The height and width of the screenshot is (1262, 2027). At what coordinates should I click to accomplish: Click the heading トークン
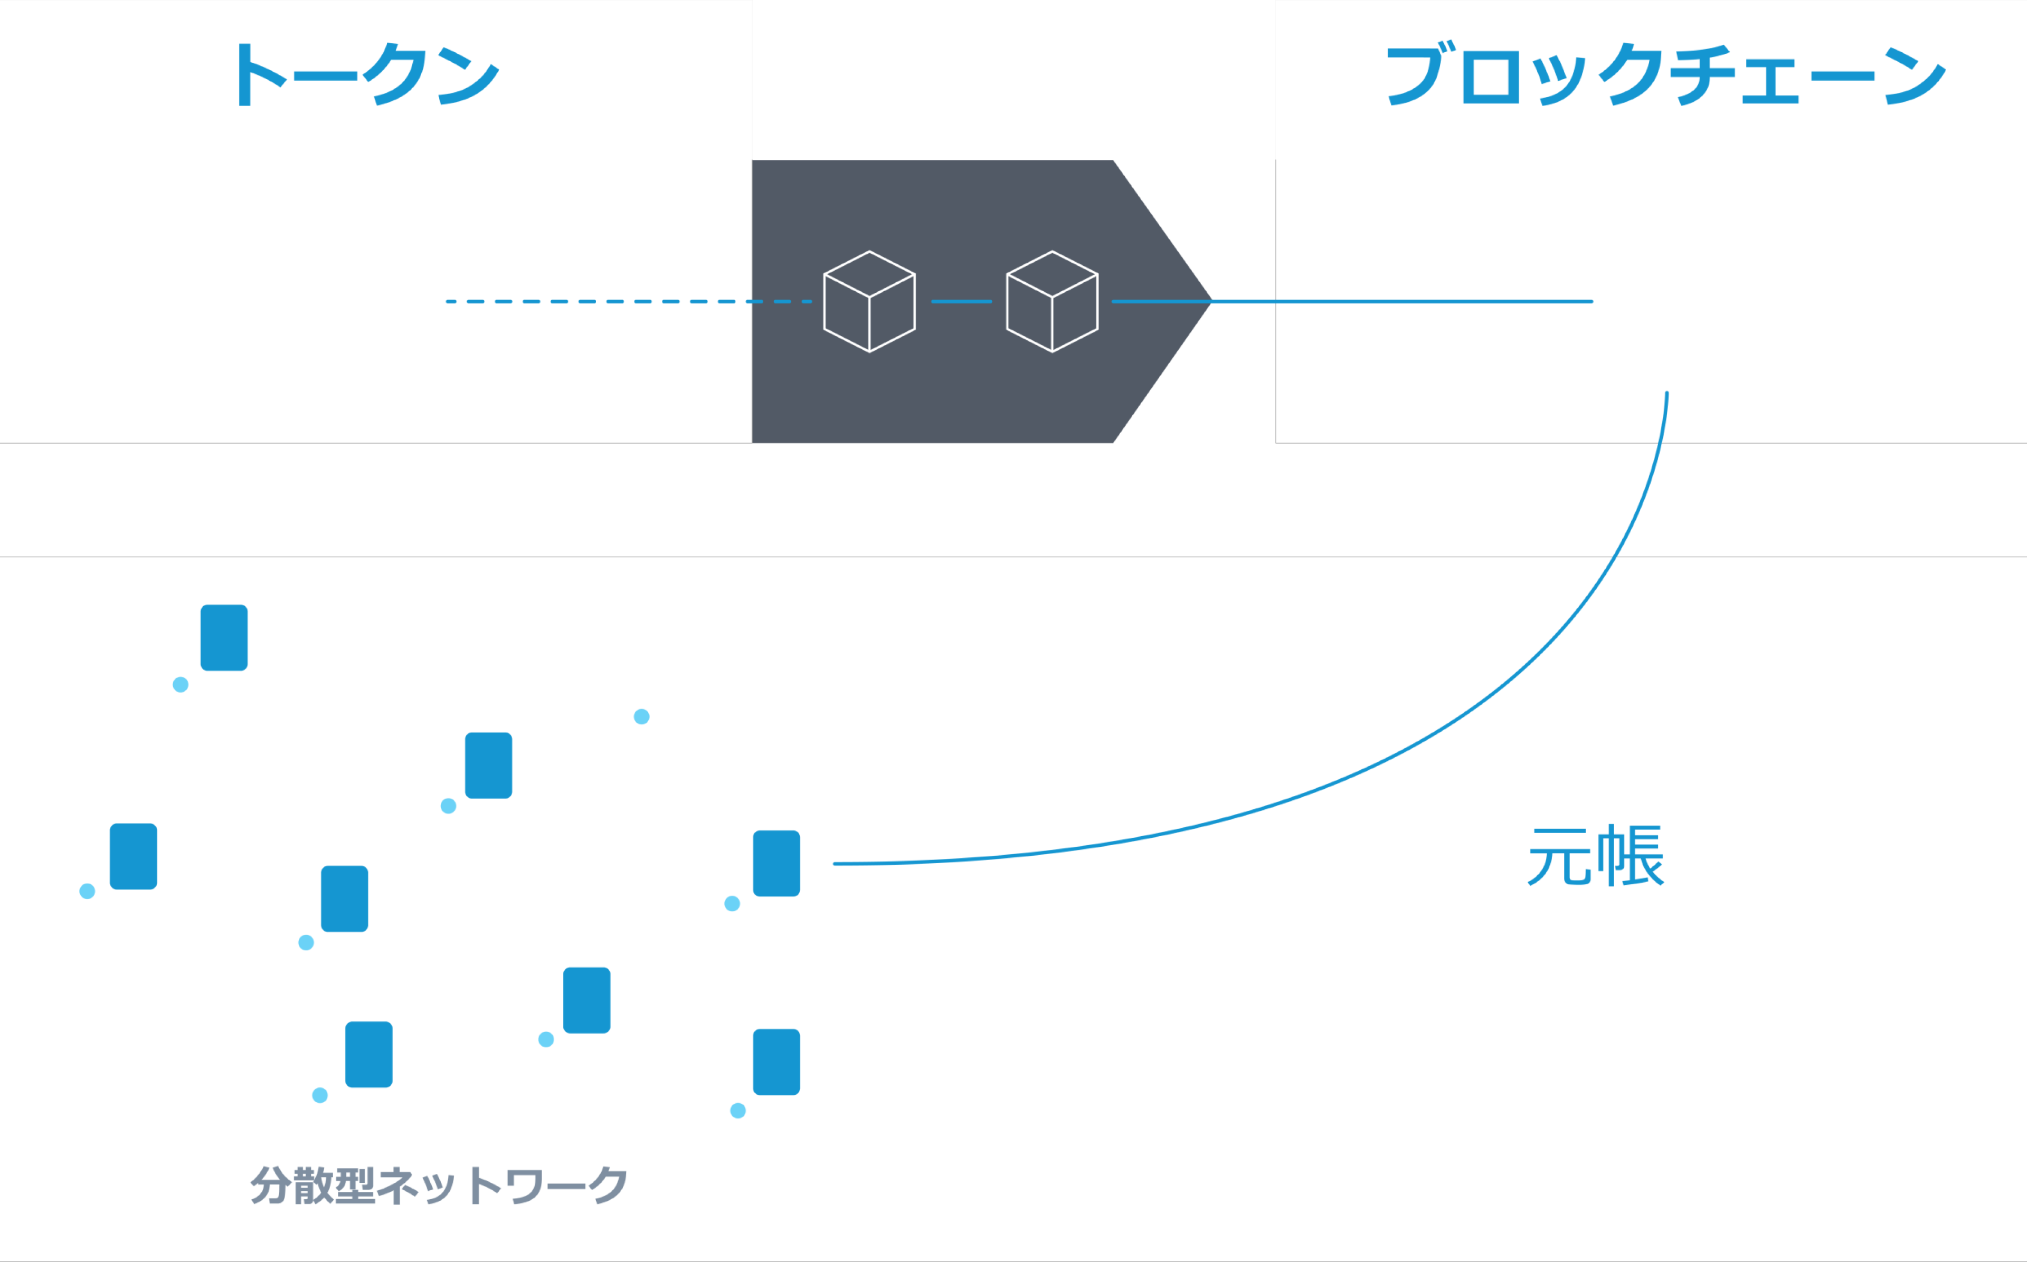click(365, 75)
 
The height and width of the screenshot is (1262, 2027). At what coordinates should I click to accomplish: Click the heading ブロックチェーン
click(1665, 75)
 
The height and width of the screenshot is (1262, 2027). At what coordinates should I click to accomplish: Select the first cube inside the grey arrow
click(869, 301)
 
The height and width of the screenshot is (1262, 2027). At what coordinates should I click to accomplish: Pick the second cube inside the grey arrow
click(1052, 301)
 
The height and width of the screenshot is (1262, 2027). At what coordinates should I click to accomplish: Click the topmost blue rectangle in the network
click(224, 638)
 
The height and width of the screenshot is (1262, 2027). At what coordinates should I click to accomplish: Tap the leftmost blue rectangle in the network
click(134, 856)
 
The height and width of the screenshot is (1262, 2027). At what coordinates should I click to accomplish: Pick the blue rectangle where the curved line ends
click(776, 863)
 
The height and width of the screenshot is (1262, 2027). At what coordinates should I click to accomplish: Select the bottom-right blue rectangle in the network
click(776, 1062)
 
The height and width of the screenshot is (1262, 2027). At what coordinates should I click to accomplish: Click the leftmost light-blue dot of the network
click(87, 892)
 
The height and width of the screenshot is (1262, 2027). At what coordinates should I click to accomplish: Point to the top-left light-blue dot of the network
click(181, 684)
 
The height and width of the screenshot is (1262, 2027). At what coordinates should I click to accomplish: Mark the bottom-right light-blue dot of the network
click(738, 1110)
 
